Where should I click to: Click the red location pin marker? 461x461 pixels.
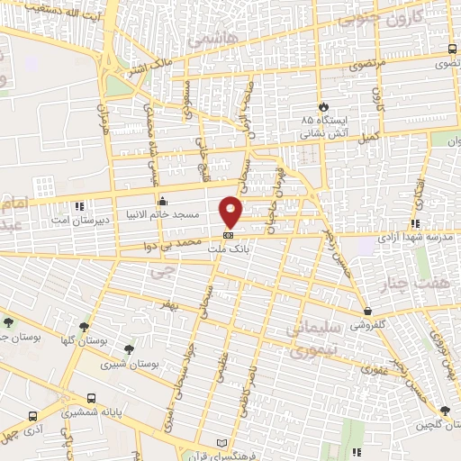point(231,212)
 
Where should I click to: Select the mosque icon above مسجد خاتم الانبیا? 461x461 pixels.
point(163,202)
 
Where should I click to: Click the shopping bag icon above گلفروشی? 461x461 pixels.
point(368,310)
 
